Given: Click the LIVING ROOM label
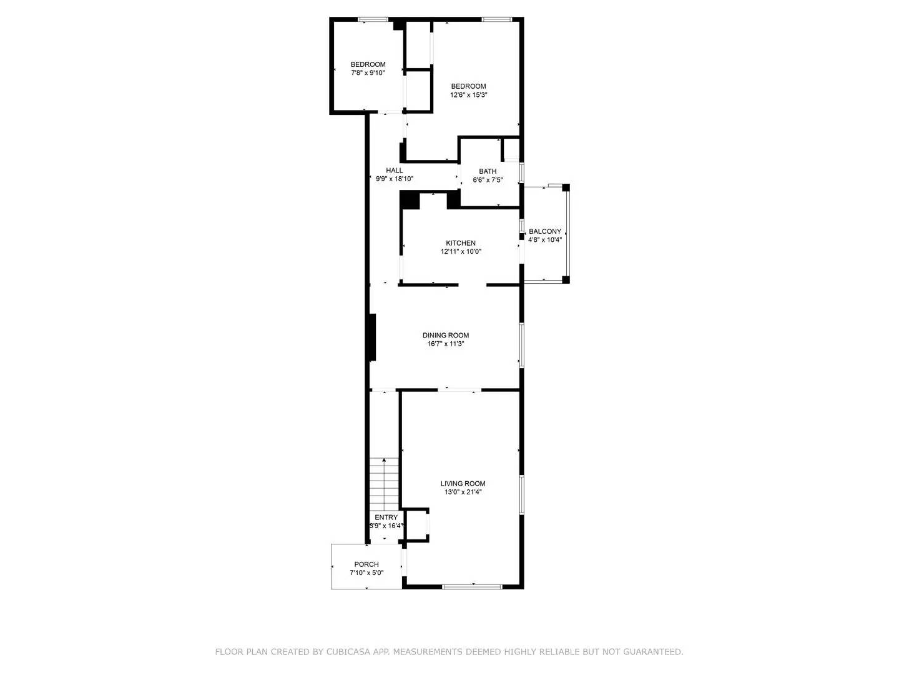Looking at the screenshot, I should [x=463, y=483].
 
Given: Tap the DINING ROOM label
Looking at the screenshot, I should [x=445, y=335].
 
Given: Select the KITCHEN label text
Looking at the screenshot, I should [x=460, y=243].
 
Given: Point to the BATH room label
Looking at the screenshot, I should [x=488, y=171].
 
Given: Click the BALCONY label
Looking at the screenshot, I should [x=544, y=231].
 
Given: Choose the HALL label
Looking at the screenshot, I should [x=394, y=171].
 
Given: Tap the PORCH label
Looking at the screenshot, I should [x=366, y=564].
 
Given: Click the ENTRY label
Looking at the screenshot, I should [x=386, y=517].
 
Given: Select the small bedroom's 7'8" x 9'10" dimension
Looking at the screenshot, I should [x=368, y=72].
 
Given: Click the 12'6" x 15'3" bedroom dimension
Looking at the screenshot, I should [x=468, y=95].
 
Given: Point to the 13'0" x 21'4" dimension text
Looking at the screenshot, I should [x=463, y=492].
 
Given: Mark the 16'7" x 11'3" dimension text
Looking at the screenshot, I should [x=445, y=344].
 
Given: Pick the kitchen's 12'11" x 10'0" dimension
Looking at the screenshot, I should [x=461, y=252].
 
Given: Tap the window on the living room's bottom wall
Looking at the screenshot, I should [x=472, y=586].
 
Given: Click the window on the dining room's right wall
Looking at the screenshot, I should [x=521, y=344].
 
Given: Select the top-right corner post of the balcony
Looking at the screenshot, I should [x=566, y=187].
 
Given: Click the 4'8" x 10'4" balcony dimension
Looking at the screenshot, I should [x=545, y=239].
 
